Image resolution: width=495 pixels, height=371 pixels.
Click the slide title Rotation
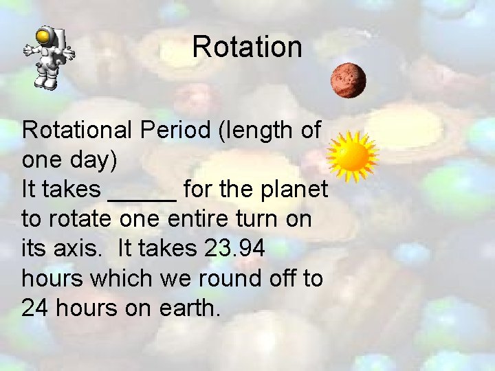[x=247, y=47]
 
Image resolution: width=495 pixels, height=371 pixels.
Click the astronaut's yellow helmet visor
[x=44, y=35]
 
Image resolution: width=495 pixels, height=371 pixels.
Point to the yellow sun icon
[x=353, y=156]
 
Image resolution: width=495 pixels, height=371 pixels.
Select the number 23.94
[x=234, y=249]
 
